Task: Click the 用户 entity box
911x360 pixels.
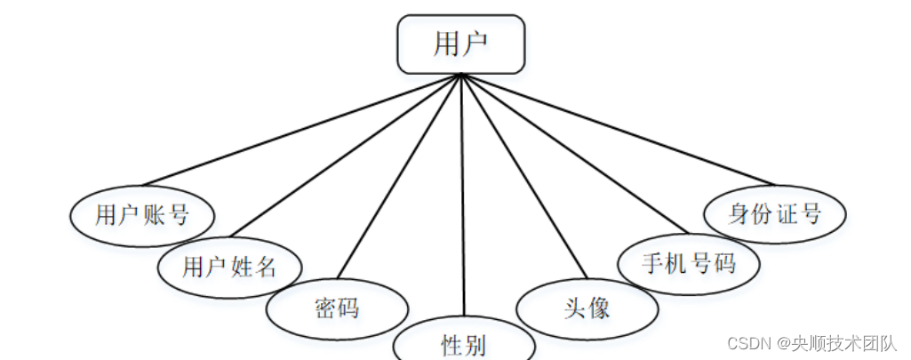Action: (x=460, y=44)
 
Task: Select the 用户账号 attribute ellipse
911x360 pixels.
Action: (x=142, y=214)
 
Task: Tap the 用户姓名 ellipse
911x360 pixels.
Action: (x=229, y=266)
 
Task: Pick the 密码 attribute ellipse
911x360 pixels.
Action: (x=337, y=308)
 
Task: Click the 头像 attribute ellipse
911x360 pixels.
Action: (x=587, y=308)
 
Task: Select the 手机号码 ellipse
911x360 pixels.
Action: (x=689, y=263)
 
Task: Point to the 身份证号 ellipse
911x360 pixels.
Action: (x=774, y=214)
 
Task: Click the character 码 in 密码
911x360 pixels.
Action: (x=348, y=308)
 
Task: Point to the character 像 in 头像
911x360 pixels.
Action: (x=598, y=308)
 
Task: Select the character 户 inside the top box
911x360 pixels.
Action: (x=475, y=44)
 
